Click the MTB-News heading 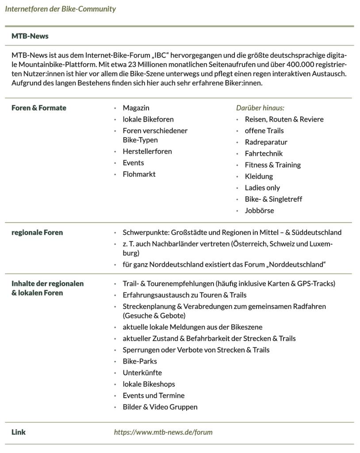point(30,36)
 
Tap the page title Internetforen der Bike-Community point(61,9)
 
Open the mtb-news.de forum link point(163,432)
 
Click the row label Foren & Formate point(39,108)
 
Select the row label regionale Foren point(37,232)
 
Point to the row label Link point(19,432)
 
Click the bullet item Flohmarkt point(139,174)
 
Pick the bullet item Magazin point(136,108)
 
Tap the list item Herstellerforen point(147,151)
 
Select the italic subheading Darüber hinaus point(260,108)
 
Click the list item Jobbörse point(259,211)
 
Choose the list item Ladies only point(262,188)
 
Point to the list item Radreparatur point(266,142)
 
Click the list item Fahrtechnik point(264,154)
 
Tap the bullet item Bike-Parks point(140,361)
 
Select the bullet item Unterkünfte point(142,372)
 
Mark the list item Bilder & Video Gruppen point(160,407)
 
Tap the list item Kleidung point(259,176)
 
